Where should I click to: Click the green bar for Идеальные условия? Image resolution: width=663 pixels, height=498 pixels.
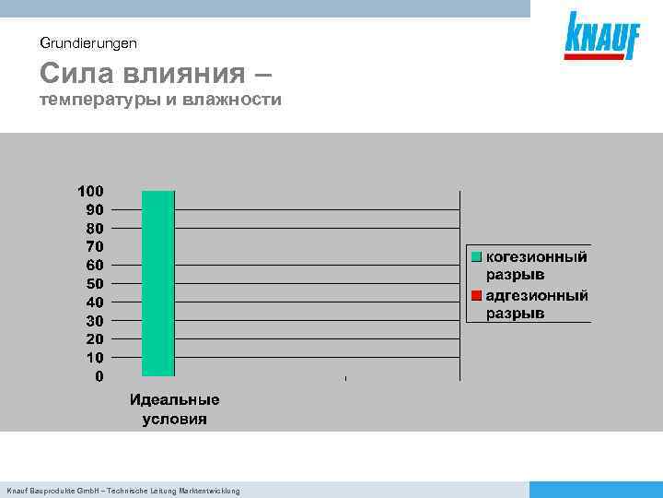pyautogui.click(x=157, y=283)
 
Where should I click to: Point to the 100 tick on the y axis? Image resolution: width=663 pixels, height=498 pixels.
pyautogui.click(x=90, y=191)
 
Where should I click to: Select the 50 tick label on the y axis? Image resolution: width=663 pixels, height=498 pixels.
pyautogui.click(x=94, y=283)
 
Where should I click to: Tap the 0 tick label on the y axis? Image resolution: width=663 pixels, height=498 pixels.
pyautogui.click(x=99, y=376)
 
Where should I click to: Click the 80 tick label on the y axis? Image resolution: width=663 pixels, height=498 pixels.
pyautogui.click(x=94, y=228)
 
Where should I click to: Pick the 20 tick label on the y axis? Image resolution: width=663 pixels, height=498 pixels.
pyautogui.click(x=94, y=339)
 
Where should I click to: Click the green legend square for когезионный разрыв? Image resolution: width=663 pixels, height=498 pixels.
pyautogui.click(x=476, y=257)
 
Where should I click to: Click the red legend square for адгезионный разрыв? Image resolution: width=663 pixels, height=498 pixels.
pyautogui.click(x=476, y=296)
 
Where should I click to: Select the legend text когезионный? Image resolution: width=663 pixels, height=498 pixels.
pyautogui.click(x=536, y=257)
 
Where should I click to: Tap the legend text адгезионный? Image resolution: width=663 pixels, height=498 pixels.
pyautogui.click(x=537, y=296)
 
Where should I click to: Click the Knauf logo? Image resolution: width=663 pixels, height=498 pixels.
pyautogui.click(x=602, y=37)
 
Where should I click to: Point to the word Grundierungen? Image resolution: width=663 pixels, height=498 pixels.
pyautogui.click(x=88, y=42)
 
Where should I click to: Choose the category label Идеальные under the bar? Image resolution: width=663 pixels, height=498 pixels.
pyautogui.click(x=174, y=400)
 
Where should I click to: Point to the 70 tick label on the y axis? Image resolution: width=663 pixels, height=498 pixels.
pyautogui.click(x=94, y=246)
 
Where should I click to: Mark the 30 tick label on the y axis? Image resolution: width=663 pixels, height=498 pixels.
pyautogui.click(x=94, y=321)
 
